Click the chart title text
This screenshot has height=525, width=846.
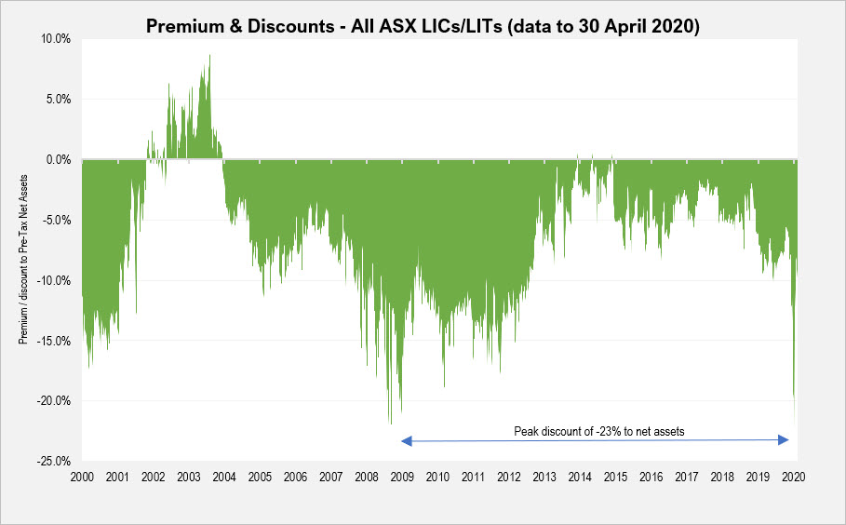click(x=423, y=25)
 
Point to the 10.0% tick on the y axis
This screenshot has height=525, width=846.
click(x=58, y=39)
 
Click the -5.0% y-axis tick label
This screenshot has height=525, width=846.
click(x=59, y=220)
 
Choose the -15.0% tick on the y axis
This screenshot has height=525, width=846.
click(x=56, y=341)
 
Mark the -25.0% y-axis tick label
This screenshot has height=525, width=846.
click(x=56, y=461)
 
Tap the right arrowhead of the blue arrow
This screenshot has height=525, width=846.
click(x=786, y=439)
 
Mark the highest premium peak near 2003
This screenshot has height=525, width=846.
click(x=209, y=56)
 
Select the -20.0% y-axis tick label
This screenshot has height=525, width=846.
click(x=56, y=401)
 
